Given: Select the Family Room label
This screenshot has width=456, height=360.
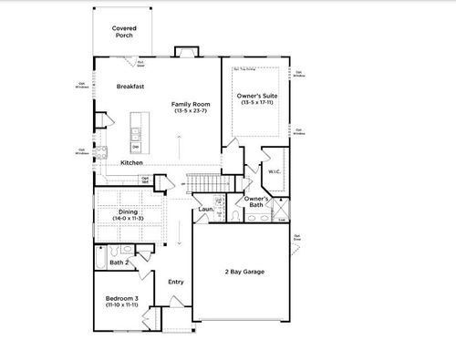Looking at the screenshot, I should point(192,104).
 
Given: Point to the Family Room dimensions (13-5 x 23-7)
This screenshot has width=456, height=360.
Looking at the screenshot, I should point(192,111).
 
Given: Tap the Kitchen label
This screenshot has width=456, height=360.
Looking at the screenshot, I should point(131,162).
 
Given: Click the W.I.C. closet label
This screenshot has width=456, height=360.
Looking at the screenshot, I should point(274,170).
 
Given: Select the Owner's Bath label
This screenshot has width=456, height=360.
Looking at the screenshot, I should point(256,201).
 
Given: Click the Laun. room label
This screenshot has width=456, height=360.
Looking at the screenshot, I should point(206,210).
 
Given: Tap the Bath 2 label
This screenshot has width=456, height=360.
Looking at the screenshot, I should point(118,263).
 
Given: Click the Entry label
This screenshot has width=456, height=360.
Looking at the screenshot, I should point(176,282).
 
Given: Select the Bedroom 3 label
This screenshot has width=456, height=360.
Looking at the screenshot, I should point(121,297).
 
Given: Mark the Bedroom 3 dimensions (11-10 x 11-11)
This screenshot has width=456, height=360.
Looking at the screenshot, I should point(121,304).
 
